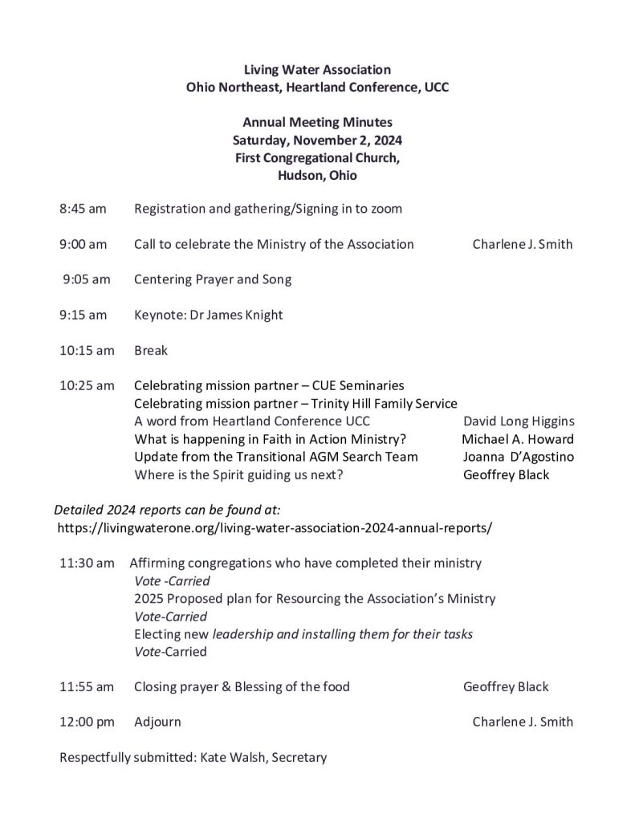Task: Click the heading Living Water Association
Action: tap(317, 70)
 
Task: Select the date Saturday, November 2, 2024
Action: tap(317, 140)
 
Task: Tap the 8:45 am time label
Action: tap(83, 209)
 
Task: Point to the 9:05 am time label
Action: tap(87, 279)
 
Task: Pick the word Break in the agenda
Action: tap(151, 350)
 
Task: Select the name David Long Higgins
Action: tap(519, 421)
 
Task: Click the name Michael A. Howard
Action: tap(518, 438)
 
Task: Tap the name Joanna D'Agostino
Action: tap(518, 456)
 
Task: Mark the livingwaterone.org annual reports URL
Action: tap(275, 528)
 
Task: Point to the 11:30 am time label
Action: tap(87, 564)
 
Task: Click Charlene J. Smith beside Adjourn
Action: tap(523, 722)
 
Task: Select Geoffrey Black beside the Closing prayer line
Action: tap(506, 686)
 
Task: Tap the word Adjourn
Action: tap(157, 722)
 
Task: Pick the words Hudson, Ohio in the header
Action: tap(317, 175)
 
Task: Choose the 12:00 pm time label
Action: tap(87, 722)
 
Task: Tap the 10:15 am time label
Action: tap(87, 350)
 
